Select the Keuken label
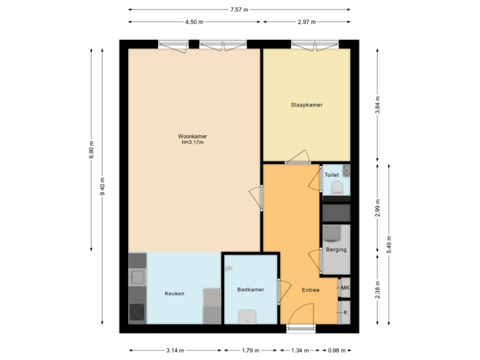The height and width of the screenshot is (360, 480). pyautogui.click(x=175, y=293)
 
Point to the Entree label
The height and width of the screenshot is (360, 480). pyautogui.click(x=311, y=290)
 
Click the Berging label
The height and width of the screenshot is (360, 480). pyautogui.click(x=336, y=250)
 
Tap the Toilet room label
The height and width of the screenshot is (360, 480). pyautogui.click(x=331, y=175)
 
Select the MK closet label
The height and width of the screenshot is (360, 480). pyautogui.click(x=345, y=288)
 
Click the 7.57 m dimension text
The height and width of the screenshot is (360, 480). pyautogui.click(x=239, y=9)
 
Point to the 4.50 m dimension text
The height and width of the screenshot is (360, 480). pyautogui.click(x=194, y=22)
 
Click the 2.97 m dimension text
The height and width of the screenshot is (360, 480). pyautogui.click(x=306, y=22)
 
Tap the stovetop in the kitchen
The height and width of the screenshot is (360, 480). pyautogui.click(x=137, y=311)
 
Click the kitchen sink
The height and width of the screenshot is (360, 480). pyautogui.click(x=138, y=277)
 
